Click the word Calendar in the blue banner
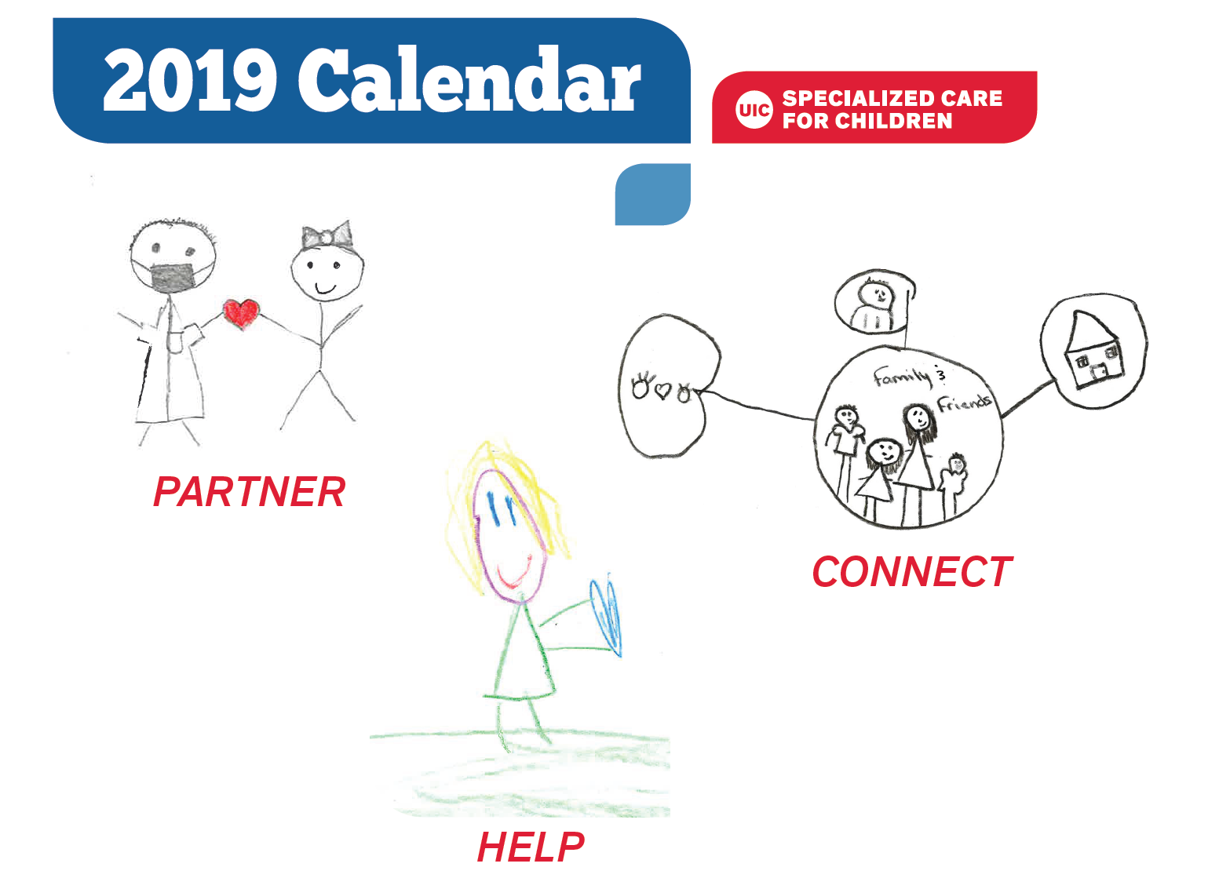tap(469, 79)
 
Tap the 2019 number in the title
tap(189, 80)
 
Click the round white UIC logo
tap(754, 110)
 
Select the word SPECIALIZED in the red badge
tap(852, 98)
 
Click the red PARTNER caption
tap(250, 492)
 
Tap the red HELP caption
tap(531, 847)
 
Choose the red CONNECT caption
tap(911, 571)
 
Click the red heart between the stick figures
tap(241, 314)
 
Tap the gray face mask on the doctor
tap(173, 278)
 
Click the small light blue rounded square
tap(653, 195)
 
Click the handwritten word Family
tap(902, 377)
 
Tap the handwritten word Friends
tap(964, 403)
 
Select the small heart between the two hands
tap(664, 391)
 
